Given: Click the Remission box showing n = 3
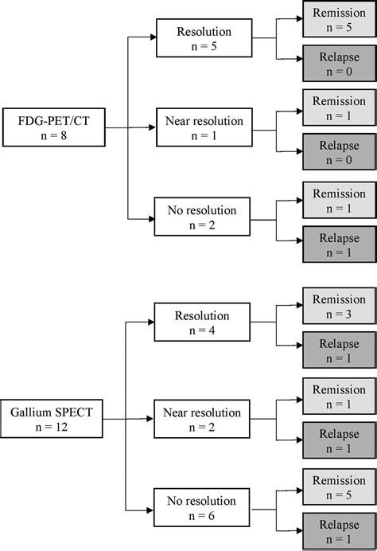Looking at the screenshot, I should [x=339, y=306].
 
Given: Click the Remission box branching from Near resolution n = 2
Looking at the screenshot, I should [x=339, y=396].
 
